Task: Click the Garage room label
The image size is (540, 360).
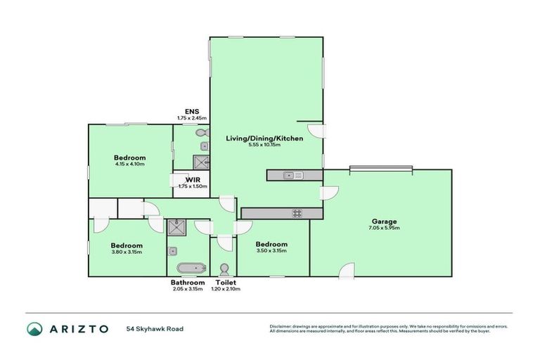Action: (x=384, y=221)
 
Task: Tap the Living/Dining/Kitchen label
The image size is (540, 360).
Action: (x=264, y=139)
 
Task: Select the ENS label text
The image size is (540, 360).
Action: (x=192, y=111)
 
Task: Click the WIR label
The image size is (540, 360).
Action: (x=184, y=179)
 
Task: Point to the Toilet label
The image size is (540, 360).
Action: (x=225, y=283)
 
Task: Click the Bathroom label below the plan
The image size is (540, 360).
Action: (x=187, y=283)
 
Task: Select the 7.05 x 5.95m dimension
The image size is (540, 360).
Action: (x=384, y=228)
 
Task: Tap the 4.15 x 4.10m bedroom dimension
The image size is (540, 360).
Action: (x=130, y=165)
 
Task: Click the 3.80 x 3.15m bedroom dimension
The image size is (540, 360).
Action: (x=127, y=252)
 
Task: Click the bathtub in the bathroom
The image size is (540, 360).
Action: (x=190, y=268)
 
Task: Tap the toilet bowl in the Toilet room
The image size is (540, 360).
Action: (x=224, y=270)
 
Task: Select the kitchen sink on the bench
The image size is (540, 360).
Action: (x=293, y=175)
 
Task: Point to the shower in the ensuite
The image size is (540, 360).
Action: (x=200, y=163)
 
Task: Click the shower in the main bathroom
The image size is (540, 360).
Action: (x=175, y=227)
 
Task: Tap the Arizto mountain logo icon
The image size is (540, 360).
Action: (x=35, y=328)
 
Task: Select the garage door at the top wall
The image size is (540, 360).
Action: (x=380, y=168)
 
